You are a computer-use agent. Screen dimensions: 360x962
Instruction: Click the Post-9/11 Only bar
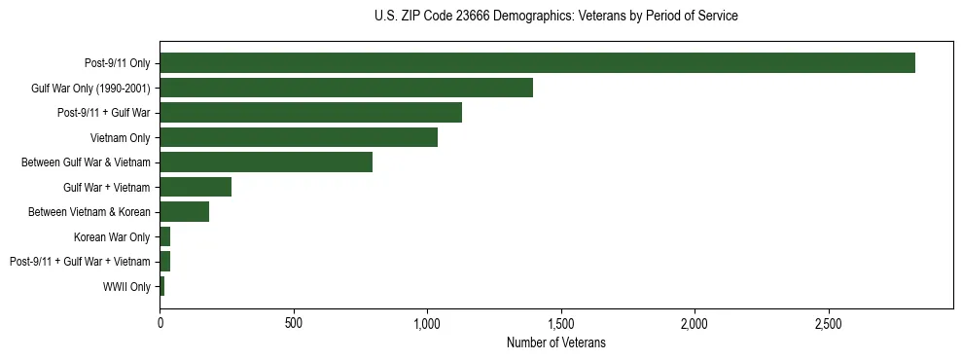click(537, 63)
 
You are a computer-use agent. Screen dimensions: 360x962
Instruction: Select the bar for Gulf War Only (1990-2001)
click(346, 89)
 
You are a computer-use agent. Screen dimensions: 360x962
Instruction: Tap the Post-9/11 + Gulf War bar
click(310, 113)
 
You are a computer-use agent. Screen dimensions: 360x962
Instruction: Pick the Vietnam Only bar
click(299, 138)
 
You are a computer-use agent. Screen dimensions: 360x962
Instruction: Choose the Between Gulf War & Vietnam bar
click(266, 162)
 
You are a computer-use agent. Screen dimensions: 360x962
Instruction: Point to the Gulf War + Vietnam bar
click(196, 187)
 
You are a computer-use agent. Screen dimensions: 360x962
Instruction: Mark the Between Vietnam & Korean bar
click(184, 212)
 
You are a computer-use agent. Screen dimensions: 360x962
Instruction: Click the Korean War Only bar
click(165, 236)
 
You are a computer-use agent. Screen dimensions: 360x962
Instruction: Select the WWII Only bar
click(162, 286)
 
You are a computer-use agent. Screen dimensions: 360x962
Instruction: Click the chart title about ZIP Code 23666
click(555, 17)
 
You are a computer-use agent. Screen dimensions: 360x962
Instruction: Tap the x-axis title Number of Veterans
click(555, 342)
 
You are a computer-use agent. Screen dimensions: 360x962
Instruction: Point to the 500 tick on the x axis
click(294, 322)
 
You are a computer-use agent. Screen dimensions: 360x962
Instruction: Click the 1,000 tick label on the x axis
click(427, 322)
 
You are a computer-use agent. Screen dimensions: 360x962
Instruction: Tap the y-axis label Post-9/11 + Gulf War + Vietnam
click(80, 262)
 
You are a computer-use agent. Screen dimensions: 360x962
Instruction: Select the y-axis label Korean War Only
click(112, 236)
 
